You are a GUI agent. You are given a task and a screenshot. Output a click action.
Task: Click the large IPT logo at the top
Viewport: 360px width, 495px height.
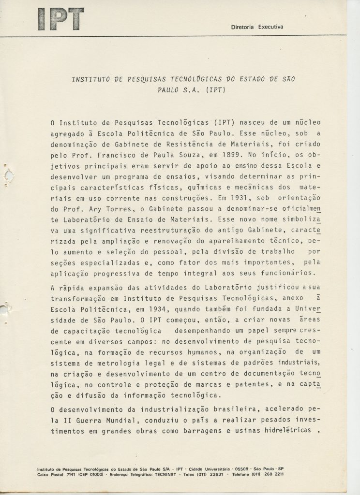coord(60,20)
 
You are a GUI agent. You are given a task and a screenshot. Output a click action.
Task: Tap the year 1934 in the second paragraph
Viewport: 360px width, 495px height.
coord(158,314)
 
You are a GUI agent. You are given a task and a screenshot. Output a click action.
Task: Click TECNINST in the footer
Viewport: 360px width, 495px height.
coord(164,475)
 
